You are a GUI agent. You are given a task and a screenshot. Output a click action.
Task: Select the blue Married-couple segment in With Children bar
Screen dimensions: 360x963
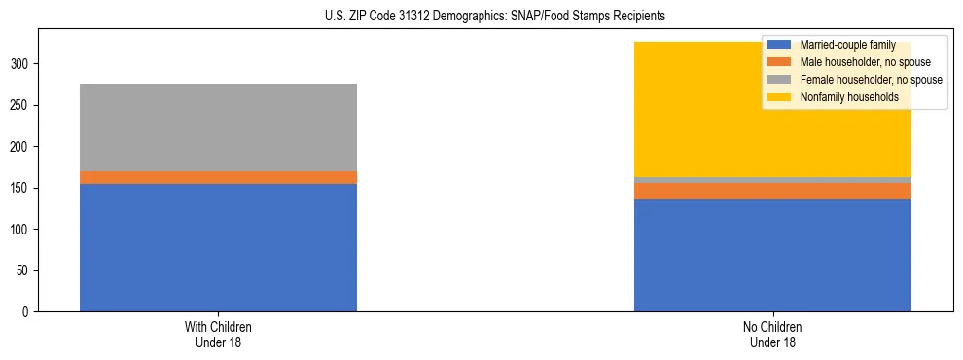[218, 247]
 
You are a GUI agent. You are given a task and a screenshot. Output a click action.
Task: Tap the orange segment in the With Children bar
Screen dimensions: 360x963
[218, 177]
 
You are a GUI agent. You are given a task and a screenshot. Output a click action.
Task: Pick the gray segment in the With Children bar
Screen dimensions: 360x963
[218, 127]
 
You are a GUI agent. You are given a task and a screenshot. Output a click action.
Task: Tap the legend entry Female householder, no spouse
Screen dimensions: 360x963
[870, 80]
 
